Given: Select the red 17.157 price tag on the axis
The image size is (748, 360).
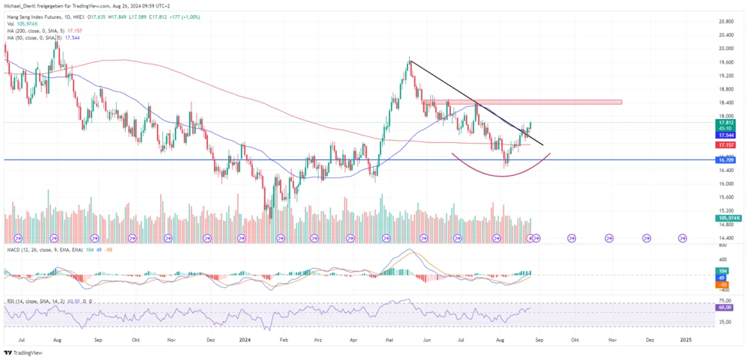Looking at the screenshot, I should (724, 144).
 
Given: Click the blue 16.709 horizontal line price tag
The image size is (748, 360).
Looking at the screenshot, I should (724, 160).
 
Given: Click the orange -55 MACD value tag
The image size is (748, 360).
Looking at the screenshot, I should (723, 285).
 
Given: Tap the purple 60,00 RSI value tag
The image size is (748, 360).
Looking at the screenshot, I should (724, 308).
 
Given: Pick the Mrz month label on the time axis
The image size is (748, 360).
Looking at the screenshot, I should (317, 339).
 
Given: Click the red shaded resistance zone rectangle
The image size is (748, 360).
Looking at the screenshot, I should (524, 103).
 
